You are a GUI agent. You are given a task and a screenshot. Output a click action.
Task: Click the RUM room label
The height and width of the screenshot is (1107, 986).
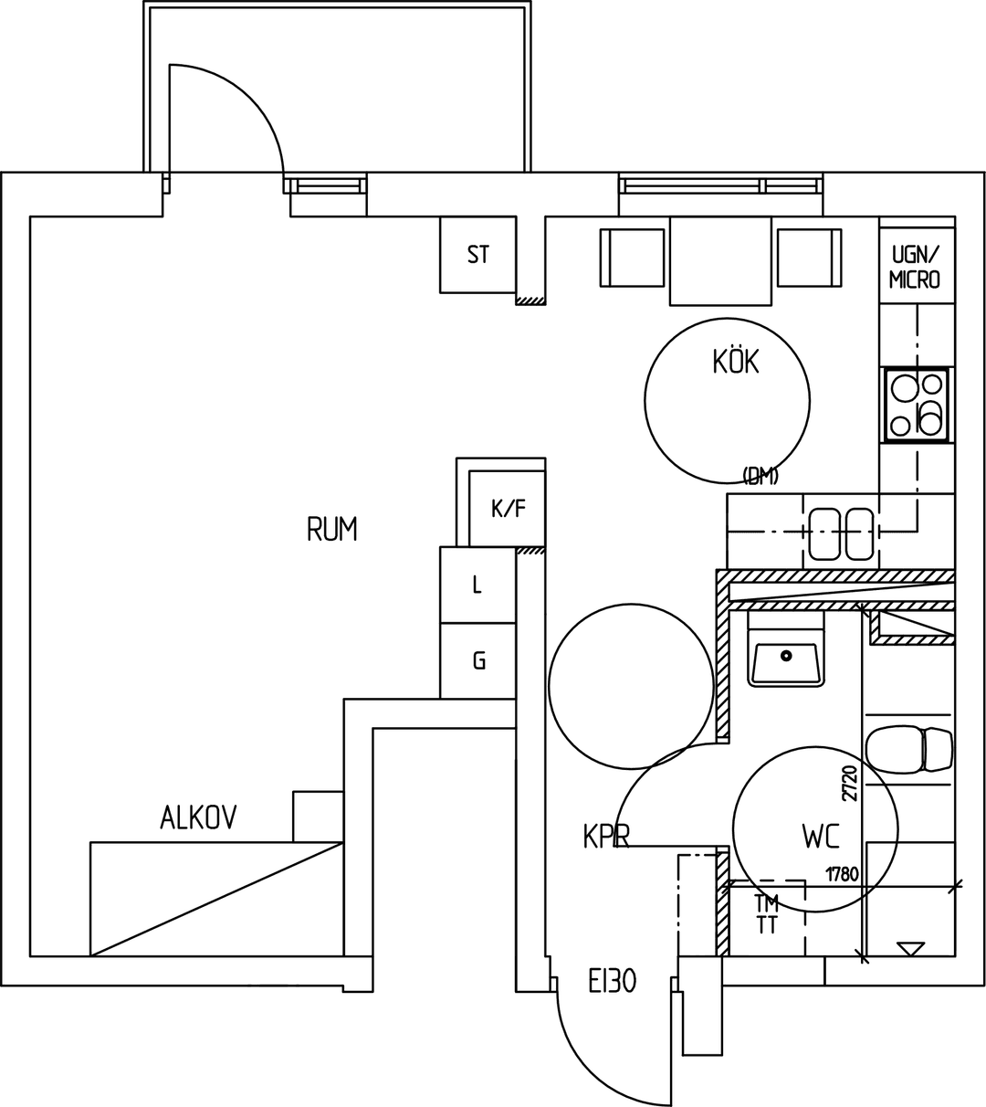point(332,529)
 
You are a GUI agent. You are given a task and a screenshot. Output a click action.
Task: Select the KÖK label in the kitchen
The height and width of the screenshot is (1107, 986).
point(736,361)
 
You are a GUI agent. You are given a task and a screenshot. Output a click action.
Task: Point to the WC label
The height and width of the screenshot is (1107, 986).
point(821,837)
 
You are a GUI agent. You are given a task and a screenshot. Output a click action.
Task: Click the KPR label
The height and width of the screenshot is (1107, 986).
point(606,837)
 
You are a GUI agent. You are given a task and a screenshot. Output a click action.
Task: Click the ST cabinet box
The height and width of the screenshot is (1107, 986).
point(478,255)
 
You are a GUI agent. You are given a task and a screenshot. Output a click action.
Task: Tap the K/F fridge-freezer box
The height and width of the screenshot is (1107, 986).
point(507,508)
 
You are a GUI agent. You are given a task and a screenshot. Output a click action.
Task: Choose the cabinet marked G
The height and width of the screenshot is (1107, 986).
point(478,660)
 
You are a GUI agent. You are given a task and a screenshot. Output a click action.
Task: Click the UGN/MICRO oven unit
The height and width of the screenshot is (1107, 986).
point(917,266)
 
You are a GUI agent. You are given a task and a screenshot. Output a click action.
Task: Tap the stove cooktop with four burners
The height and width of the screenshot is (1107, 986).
point(917,405)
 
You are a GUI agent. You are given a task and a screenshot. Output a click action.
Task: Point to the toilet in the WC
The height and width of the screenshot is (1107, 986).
point(909,749)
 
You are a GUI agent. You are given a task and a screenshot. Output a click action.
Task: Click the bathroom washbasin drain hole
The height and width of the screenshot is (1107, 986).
point(786,655)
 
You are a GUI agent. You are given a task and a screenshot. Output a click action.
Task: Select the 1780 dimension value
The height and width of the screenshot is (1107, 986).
point(843,875)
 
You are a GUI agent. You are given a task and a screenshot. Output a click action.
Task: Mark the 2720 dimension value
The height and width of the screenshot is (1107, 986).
point(850,783)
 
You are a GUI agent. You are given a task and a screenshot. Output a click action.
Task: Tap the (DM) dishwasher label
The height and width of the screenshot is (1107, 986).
point(760,477)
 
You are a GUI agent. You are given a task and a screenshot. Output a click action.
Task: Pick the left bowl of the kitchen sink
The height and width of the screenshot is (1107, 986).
point(823,534)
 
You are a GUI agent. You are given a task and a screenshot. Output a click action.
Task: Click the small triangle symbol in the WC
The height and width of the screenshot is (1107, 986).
point(910,949)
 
